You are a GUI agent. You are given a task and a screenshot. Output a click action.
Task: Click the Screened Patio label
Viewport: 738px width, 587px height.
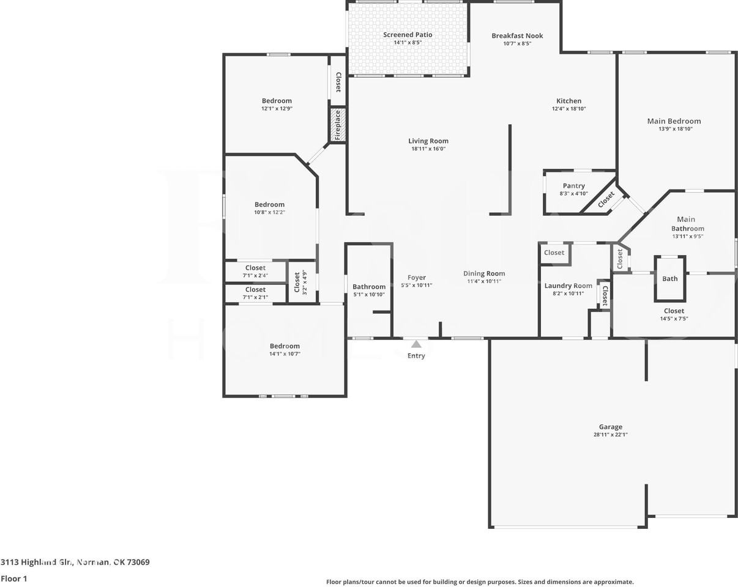coord(408,35)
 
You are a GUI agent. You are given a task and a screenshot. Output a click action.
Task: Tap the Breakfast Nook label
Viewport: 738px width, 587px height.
coord(517,36)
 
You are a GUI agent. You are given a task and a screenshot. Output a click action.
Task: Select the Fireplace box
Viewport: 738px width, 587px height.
coord(338,125)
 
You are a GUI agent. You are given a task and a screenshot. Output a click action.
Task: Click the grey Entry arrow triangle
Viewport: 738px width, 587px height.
coord(416,344)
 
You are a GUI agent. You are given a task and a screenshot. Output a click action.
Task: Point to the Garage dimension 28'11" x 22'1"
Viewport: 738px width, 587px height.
coord(610,435)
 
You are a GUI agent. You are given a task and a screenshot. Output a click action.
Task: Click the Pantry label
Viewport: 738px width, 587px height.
coord(573,186)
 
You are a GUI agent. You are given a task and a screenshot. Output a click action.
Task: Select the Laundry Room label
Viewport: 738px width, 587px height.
coord(568,286)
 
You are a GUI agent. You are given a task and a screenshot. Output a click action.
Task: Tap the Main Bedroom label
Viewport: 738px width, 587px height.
coord(674,121)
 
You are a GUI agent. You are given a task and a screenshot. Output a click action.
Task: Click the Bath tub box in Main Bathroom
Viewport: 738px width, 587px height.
coord(669,279)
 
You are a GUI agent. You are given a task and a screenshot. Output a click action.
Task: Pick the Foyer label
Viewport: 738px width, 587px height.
coord(416,278)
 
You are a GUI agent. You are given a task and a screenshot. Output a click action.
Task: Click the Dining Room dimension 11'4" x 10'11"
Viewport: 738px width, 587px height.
coord(483,282)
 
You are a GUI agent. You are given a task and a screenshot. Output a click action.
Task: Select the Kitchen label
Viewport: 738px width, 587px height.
coord(568,101)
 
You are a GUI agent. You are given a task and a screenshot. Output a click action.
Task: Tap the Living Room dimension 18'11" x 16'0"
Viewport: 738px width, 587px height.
coord(428,149)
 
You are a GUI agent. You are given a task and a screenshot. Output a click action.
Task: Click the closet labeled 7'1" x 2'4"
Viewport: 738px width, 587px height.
coord(255,271)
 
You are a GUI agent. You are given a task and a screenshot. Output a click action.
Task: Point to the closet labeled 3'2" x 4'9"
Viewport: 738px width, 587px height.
coord(300,282)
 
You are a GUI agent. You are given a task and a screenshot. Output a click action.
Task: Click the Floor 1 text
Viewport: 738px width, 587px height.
coord(14,578)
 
